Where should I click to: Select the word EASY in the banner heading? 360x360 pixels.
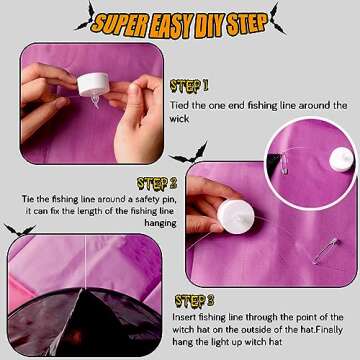pyautogui.click(x=169, y=25)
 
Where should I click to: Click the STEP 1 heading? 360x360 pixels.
pyautogui.click(x=189, y=86)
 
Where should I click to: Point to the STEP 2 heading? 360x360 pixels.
pyautogui.click(x=157, y=184)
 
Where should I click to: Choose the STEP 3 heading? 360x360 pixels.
pyautogui.click(x=194, y=301)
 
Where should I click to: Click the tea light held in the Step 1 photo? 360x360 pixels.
pyautogui.click(x=93, y=85)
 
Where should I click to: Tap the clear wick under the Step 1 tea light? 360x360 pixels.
pyautogui.click(x=95, y=101)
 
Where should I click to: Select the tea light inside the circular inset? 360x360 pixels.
pyautogui.click(x=341, y=159)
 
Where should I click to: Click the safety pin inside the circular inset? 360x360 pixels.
pyautogui.click(x=284, y=163)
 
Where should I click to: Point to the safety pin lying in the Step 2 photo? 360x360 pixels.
pyautogui.click(x=325, y=250)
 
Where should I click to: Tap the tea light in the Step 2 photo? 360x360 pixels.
pyautogui.click(x=236, y=216)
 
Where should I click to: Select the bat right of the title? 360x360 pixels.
pyautogui.click(x=278, y=18)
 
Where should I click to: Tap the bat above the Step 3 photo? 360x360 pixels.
pyautogui.click(x=20, y=230)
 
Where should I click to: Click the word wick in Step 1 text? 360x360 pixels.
pyautogui.click(x=179, y=119)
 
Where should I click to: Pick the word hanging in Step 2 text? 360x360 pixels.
pyautogui.click(x=160, y=223)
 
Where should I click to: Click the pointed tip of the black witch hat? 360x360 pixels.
pyautogui.click(x=81, y=289)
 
